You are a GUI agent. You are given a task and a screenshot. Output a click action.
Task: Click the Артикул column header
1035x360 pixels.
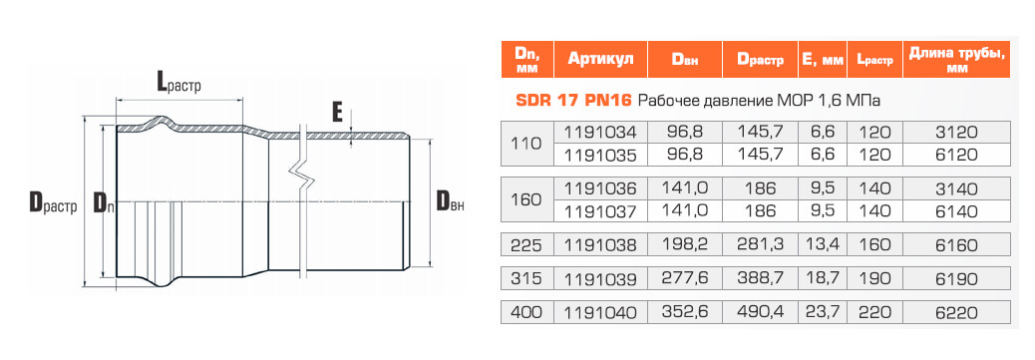[600, 60]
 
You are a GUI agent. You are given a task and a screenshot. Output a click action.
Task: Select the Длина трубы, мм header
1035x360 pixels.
[956, 60]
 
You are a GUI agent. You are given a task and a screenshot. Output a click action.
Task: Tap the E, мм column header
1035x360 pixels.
[822, 60]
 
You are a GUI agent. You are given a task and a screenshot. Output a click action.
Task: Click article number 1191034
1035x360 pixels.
[600, 132]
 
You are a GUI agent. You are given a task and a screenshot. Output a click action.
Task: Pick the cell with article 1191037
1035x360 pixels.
[600, 210]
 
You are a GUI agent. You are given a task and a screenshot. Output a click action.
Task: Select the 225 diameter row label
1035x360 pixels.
[526, 245]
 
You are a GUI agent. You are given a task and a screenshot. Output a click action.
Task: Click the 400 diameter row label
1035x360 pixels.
[526, 312]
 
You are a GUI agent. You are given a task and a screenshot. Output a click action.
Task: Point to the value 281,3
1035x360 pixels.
[761, 245]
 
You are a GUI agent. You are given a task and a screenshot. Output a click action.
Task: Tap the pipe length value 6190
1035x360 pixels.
[956, 279]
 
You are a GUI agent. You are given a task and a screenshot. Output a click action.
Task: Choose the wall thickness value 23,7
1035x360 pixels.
[822, 312]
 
